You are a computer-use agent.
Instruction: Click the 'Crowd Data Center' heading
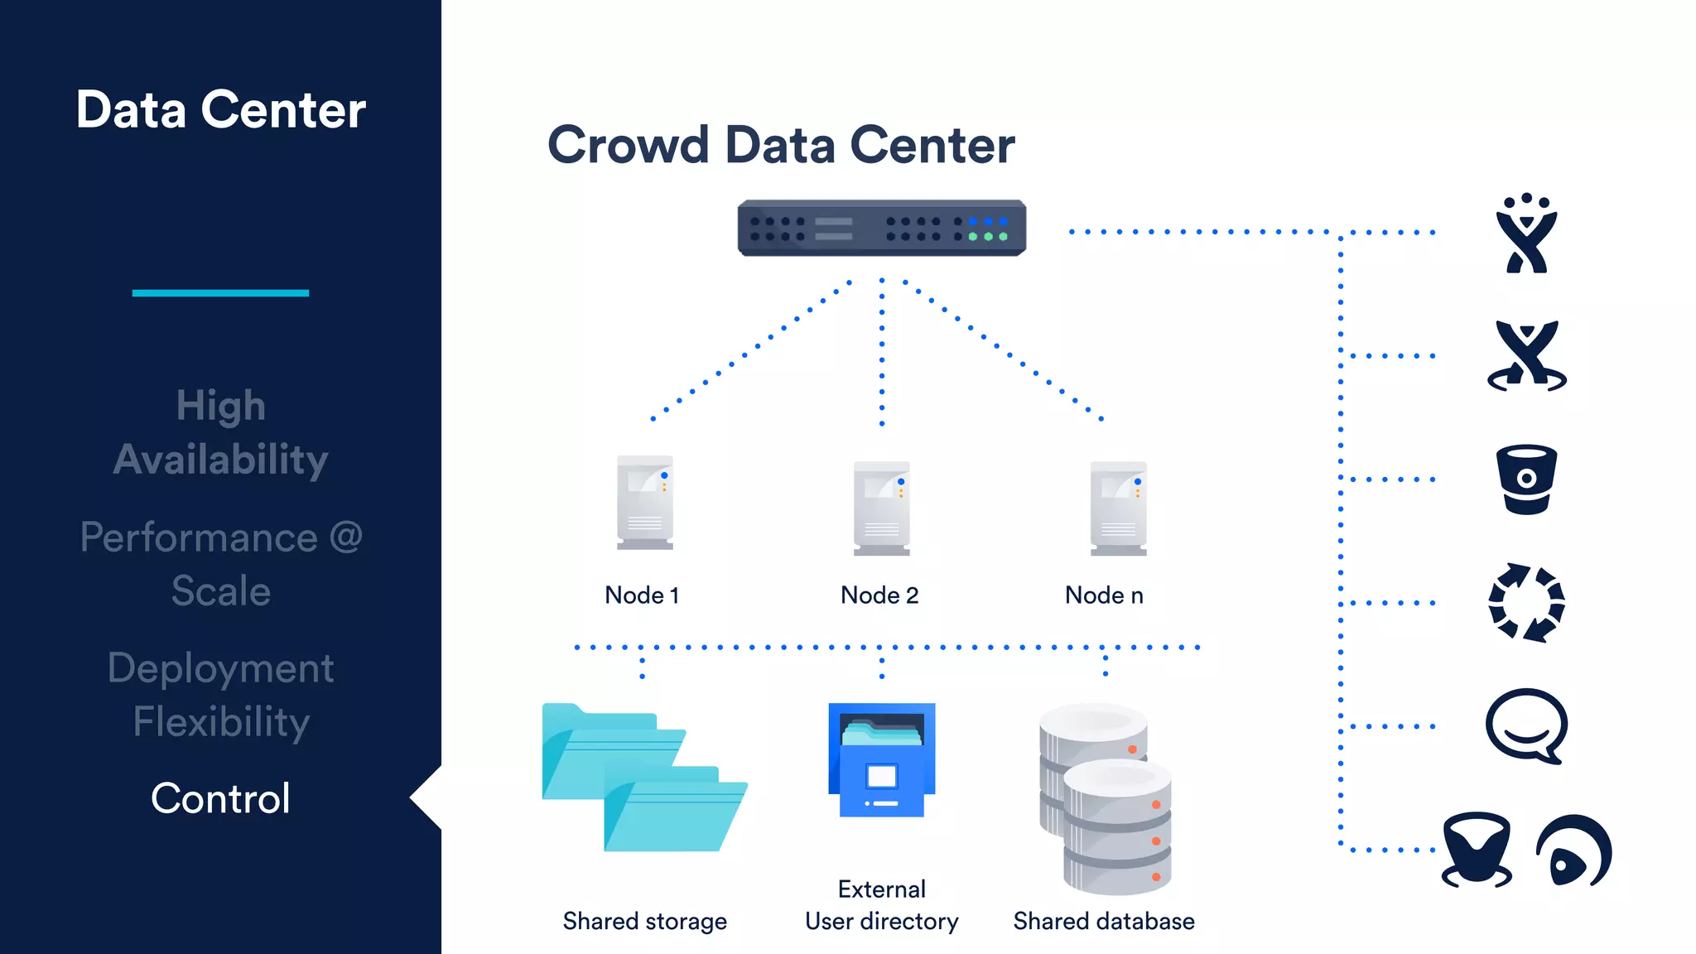(781, 146)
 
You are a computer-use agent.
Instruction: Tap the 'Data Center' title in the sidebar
(220, 110)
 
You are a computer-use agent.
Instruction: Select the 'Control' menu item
(220, 798)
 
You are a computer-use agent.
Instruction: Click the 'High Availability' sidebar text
(220, 432)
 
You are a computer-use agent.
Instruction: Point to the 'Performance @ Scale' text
(220, 564)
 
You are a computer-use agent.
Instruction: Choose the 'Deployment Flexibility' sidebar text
(220, 695)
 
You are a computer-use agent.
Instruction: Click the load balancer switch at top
(881, 228)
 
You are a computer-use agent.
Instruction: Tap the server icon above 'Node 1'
(644, 502)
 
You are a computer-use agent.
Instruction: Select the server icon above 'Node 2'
(881, 508)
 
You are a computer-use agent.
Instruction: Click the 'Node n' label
(1104, 595)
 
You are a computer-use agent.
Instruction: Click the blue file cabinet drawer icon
(881, 760)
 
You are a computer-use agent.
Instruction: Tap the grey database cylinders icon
(1106, 798)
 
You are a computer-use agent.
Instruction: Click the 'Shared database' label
(1104, 921)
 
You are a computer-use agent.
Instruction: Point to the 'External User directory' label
(881, 905)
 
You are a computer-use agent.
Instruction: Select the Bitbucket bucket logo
(1526, 479)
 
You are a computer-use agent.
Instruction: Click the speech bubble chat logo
(1526, 725)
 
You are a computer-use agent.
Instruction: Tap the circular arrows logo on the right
(1526, 603)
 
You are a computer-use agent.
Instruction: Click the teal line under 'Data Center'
(220, 292)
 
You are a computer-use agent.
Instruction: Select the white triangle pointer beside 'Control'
(427, 797)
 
